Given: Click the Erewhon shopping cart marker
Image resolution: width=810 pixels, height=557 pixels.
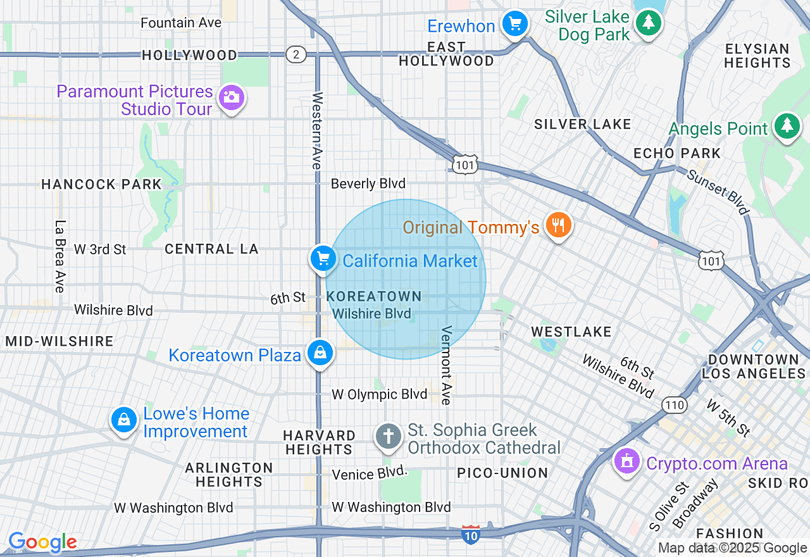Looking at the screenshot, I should point(515,25).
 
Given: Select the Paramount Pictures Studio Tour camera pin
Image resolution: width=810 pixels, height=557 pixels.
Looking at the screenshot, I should point(232,98).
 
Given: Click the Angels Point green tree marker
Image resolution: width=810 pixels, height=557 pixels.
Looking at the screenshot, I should point(786,126).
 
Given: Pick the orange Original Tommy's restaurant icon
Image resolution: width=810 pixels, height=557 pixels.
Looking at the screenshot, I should point(558,225).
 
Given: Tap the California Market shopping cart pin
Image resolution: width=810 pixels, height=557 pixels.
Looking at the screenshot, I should point(323,259).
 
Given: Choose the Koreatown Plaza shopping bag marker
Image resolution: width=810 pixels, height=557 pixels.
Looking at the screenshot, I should point(320,353).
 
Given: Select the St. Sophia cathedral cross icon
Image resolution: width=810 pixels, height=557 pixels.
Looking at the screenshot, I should point(388,437).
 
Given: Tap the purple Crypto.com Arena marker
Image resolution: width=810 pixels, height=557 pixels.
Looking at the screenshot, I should point(627,461).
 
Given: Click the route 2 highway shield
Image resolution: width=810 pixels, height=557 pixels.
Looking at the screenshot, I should point(296,54).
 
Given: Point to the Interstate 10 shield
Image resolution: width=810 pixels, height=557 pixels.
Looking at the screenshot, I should point(470,534).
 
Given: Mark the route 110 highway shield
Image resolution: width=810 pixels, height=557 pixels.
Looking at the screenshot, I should point(675,405).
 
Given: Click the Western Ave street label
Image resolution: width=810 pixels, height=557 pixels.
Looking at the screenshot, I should point(317,130).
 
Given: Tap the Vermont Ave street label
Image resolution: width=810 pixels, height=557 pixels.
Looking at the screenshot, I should point(446,365).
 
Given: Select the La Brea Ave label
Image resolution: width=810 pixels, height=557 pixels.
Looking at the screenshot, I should point(60,256).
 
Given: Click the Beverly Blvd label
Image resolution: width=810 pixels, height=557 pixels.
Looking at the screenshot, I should point(368,184).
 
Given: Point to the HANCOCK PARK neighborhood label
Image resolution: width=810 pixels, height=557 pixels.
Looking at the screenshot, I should point(101,184).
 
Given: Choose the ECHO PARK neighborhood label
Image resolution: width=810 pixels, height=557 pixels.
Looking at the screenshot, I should point(677,153).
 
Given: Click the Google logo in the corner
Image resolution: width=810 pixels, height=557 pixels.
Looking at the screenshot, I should point(42,542).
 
